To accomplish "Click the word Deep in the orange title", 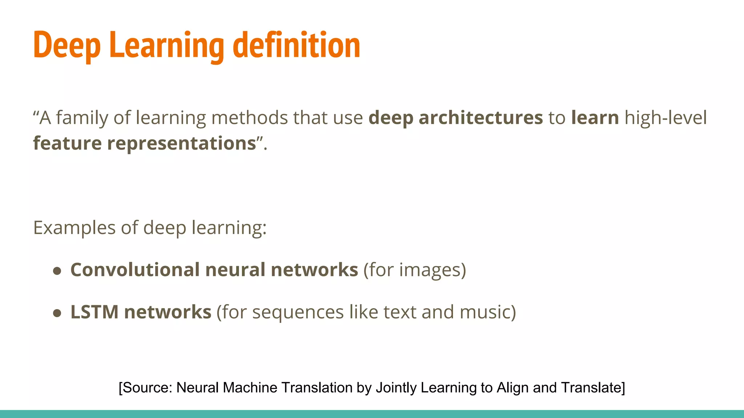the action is pyautogui.click(x=67, y=45).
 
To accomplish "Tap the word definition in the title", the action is pyautogui.click(x=296, y=45).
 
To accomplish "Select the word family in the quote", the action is pyautogui.click(x=82, y=118).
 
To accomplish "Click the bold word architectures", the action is pyautogui.click(x=481, y=118).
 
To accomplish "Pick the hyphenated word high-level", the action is pyautogui.click(x=666, y=118).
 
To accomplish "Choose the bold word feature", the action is pyautogui.click(x=67, y=143).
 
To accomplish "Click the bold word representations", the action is pyautogui.click(x=182, y=143).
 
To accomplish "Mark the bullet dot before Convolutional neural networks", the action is pyautogui.click(x=57, y=271).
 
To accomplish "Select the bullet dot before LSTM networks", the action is pyautogui.click(x=57, y=313).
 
